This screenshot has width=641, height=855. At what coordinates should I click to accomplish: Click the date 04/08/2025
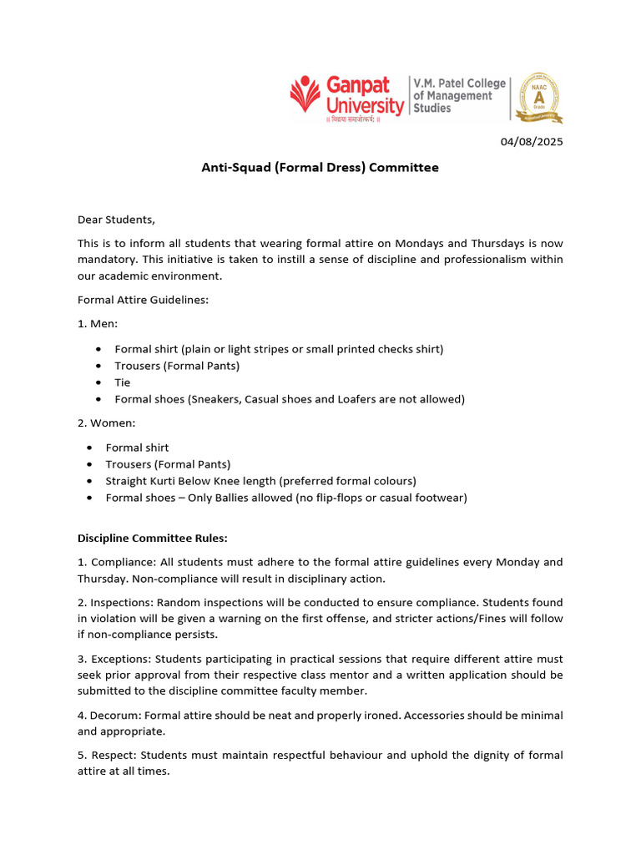click(532, 142)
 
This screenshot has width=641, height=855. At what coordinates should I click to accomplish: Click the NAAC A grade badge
click(540, 97)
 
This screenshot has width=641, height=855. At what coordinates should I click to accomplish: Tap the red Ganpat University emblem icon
click(306, 95)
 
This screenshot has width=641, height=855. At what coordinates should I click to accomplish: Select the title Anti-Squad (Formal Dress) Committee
click(320, 168)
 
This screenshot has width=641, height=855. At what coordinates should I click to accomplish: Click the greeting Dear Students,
click(116, 220)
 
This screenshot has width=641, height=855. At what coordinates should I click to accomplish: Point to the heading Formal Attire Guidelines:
click(143, 300)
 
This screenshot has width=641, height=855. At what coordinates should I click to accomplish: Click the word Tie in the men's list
click(123, 382)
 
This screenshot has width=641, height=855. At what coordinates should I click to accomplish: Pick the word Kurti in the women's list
click(164, 481)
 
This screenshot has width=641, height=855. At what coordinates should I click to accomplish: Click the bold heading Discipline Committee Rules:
click(152, 539)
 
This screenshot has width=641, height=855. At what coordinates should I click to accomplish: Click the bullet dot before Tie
click(99, 382)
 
